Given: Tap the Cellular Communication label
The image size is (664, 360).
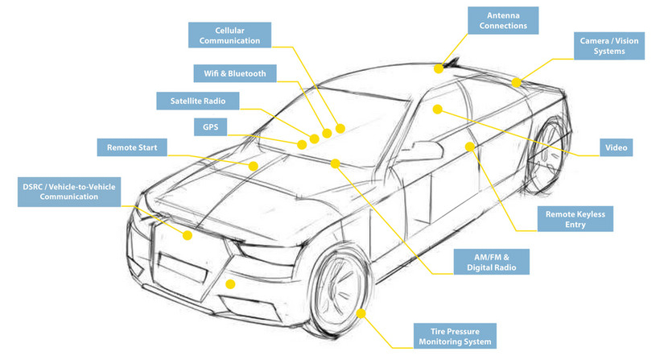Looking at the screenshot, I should coord(229,35).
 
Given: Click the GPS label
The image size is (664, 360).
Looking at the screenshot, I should coord(211,127).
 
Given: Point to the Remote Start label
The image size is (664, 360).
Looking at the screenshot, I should coord(132,147).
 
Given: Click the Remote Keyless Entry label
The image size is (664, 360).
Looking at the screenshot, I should coord(575,218).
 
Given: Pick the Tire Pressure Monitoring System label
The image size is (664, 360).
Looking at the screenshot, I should coord(452,335).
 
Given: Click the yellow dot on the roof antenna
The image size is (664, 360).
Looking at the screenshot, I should coord(439,68).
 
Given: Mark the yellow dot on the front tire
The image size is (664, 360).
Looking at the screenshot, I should coord(361,312).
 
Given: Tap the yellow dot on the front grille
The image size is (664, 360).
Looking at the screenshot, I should coord(187,235).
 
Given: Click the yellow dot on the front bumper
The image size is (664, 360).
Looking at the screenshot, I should coord(231,283).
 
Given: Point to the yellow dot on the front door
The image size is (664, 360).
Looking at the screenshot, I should coord(470,146).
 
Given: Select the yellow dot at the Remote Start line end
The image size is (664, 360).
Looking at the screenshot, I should coord(253,165).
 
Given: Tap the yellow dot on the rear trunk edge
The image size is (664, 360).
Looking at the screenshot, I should coord(516,82).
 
